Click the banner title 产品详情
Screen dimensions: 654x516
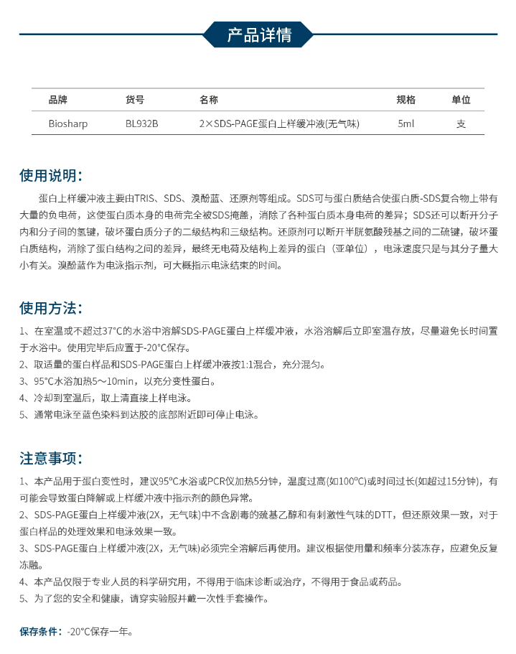tap(258, 35)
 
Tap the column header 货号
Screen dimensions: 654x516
tap(135, 100)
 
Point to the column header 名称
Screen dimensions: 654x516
tap(209, 100)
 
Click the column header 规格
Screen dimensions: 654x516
tap(406, 100)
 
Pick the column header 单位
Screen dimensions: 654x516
tap(461, 100)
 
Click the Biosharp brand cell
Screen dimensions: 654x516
tap(68, 123)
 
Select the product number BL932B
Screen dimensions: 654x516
tap(141, 123)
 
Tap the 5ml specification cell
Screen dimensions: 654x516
tap(406, 123)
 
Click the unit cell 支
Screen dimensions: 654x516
tap(461, 123)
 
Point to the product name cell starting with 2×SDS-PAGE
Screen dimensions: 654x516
tap(279, 123)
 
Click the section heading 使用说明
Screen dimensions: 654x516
tap(51, 176)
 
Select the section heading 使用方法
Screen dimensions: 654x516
tap(51, 308)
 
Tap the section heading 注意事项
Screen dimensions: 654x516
tap(51, 458)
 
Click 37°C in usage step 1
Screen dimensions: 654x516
tap(116, 331)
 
